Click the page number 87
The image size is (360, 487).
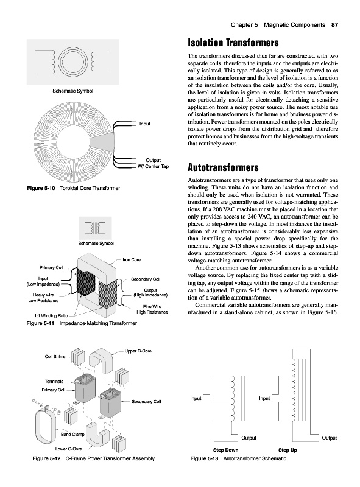[x=334, y=25]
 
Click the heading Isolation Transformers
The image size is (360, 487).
[x=233, y=43]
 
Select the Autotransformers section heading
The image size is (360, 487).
[x=223, y=167]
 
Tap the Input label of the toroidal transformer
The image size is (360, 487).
[x=145, y=124]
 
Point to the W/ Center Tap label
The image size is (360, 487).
[x=154, y=166]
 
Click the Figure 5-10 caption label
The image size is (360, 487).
[x=41, y=188]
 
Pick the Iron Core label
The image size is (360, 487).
[x=132, y=260]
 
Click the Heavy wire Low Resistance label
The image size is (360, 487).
[x=43, y=298]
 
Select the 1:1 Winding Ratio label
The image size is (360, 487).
[x=51, y=316]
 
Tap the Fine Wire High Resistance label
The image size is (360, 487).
[x=152, y=309]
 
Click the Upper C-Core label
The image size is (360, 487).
[x=138, y=351]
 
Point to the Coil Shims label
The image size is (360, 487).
[x=55, y=357]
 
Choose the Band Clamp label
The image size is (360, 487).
[x=72, y=435]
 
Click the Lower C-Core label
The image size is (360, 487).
[x=68, y=449]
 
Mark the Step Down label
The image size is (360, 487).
[x=226, y=450]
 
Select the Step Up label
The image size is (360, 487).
[x=288, y=450]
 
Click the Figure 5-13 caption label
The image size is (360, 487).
[x=204, y=458]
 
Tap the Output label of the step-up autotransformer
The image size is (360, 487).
[x=329, y=438]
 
